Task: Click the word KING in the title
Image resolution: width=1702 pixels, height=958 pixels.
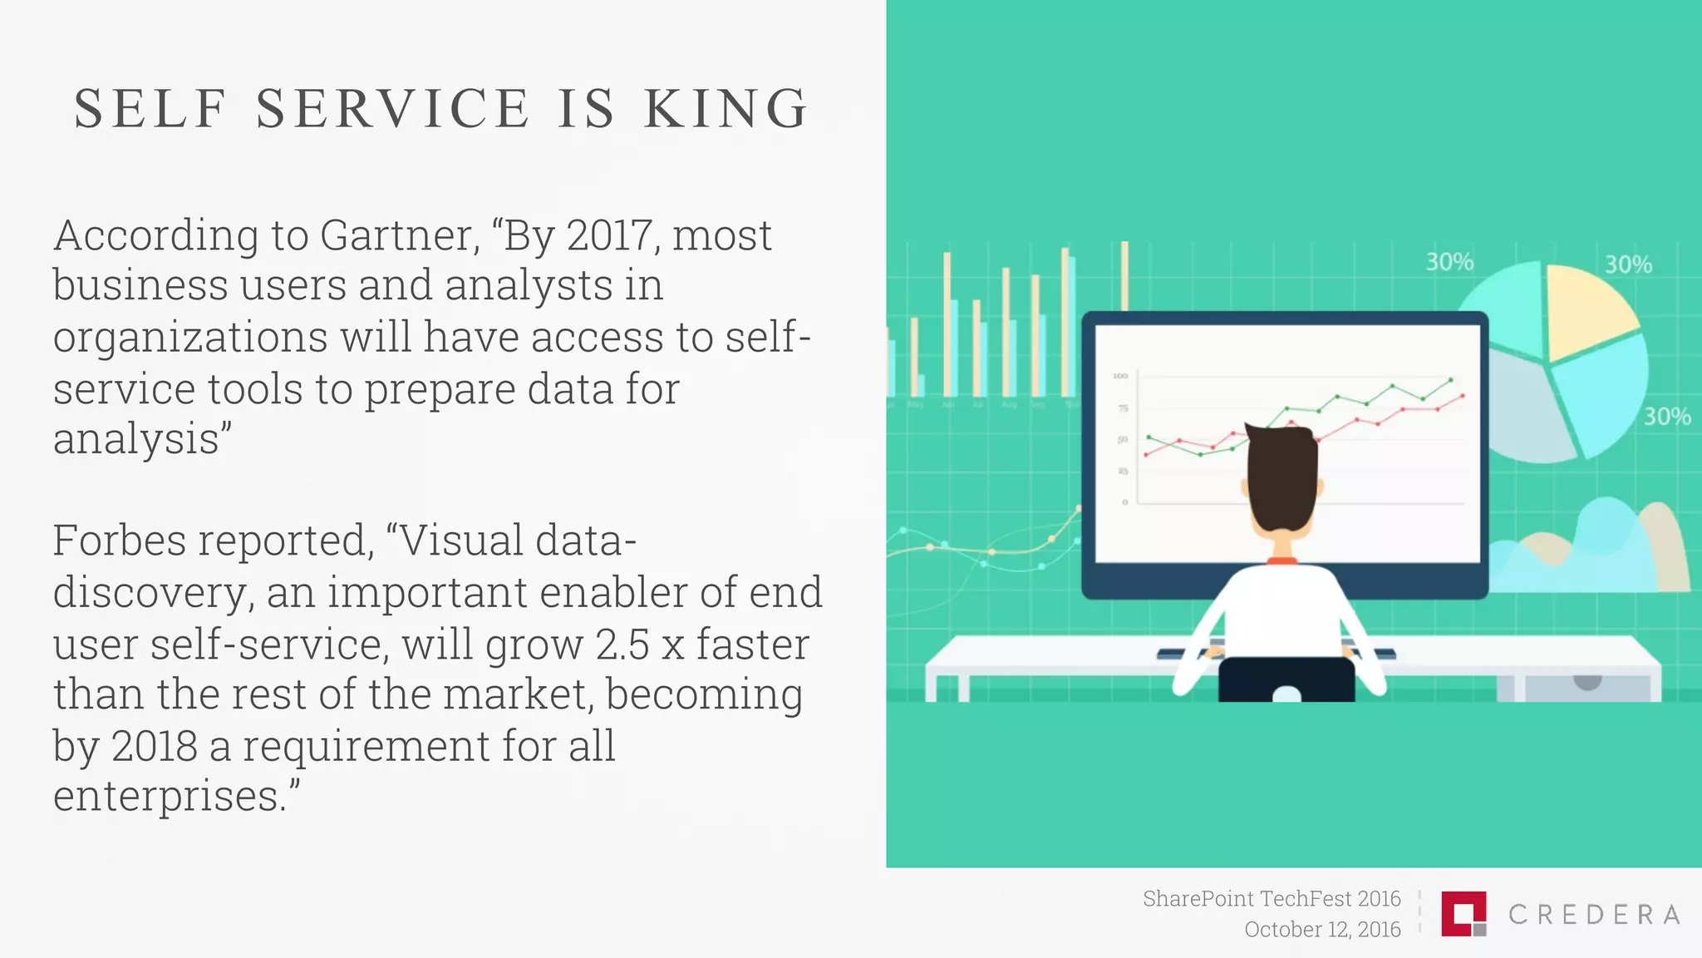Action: coord(725,109)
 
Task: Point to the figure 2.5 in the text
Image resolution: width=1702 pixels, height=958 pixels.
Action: coord(622,644)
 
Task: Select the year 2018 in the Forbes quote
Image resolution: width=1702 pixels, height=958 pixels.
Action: coord(154,746)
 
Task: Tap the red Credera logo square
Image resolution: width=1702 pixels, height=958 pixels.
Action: coord(1462,913)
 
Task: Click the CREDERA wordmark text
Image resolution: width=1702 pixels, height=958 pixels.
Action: coord(1594,915)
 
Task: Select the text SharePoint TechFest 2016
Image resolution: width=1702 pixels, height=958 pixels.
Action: coord(1271,899)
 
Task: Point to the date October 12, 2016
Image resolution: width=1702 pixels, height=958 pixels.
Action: coord(1321,930)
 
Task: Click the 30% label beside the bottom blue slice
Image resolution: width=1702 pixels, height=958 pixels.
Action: coord(1666,417)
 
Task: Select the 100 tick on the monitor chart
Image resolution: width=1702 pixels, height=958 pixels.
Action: coord(1120,377)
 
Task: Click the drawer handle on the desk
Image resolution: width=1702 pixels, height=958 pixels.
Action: coord(1587,683)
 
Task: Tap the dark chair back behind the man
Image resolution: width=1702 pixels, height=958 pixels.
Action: coord(1286,678)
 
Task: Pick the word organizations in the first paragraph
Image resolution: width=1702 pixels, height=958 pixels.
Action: coord(189,338)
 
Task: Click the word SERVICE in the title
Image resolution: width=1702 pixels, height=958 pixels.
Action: coord(392,109)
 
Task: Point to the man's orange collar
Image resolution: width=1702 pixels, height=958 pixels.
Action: coord(1281,561)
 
